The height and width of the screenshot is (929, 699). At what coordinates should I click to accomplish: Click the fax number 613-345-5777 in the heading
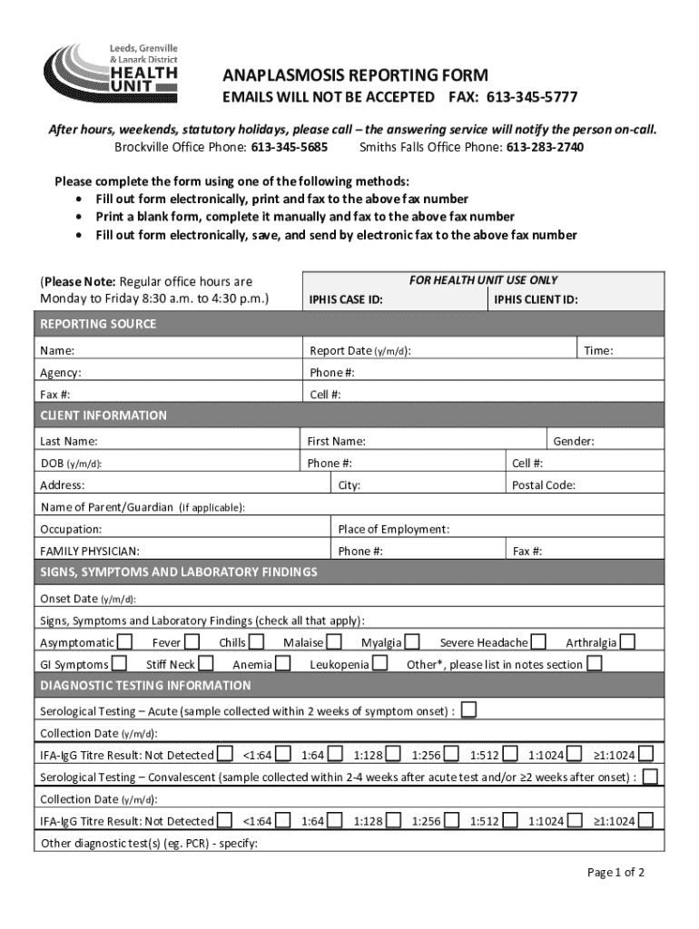(532, 97)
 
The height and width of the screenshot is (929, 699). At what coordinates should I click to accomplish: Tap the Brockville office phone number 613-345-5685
(290, 147)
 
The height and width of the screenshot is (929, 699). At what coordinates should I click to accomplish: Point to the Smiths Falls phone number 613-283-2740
(545, 147)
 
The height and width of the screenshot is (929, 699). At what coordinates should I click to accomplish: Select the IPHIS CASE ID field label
(346, 299)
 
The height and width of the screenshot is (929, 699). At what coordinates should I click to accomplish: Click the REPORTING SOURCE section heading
(98, 324)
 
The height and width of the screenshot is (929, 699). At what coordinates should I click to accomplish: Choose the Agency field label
(60, 373)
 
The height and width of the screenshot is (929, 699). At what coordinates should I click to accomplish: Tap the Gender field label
(574, 441)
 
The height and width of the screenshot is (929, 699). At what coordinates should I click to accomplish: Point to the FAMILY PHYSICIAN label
(90, 551)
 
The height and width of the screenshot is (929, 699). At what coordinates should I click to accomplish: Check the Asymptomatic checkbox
(126, 642)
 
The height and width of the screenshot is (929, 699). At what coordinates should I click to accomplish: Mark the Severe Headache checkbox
(539, 642)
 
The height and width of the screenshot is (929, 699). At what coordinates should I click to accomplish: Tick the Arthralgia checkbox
(627, 642)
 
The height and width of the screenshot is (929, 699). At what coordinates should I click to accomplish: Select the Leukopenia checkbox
(380, 664)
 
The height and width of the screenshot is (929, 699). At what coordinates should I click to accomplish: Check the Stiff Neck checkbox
(207, 664)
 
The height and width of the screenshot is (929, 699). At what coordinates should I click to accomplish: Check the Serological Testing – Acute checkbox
(468, 709)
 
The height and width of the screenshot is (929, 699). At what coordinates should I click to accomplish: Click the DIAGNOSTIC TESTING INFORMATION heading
(145, 686)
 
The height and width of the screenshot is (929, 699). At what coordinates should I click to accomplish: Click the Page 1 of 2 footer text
(615, 873)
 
